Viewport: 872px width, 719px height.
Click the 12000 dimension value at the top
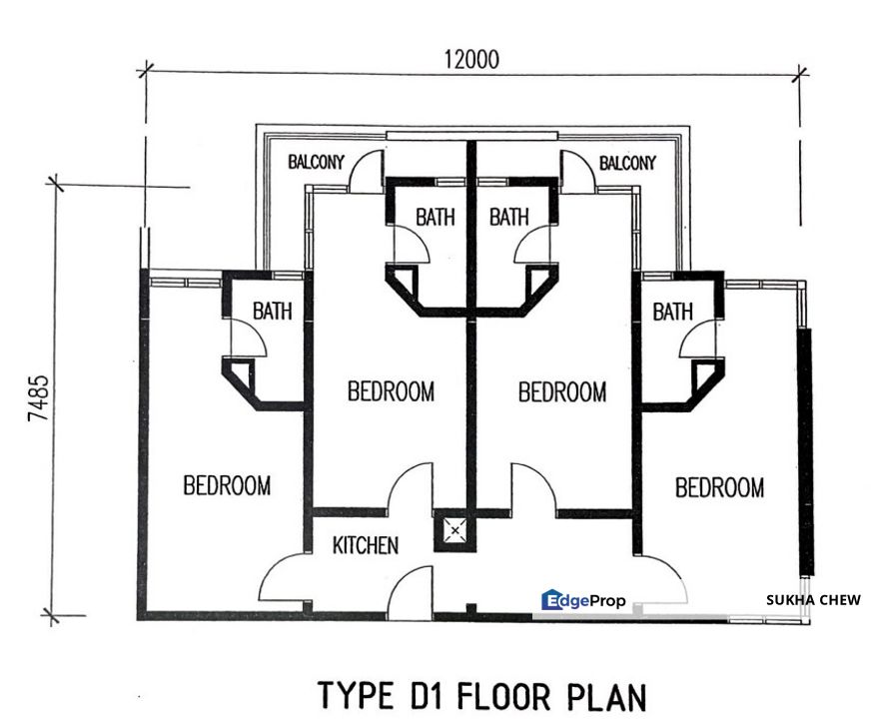click(471, 59)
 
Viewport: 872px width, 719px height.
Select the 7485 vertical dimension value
click(38, 399)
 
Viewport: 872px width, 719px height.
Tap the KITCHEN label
click(366, 545)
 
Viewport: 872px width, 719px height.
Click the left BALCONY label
click(317, 162)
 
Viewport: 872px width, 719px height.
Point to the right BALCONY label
click(627, 162)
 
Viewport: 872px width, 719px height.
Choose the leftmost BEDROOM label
click(227, 486)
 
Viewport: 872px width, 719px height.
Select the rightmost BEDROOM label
click(719, 488)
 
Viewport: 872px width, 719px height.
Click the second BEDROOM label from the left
click(391, 391)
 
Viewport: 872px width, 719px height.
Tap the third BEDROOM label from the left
click(562, 391)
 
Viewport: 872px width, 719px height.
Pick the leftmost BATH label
click(272, 312)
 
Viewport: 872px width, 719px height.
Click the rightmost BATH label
click(672, 312)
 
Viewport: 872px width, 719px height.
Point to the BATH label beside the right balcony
click(508, 217)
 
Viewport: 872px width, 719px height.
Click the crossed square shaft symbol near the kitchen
click(454, 530)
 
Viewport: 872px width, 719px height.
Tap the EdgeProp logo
click(584, 600)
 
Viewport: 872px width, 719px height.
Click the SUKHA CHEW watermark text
click(812, 600)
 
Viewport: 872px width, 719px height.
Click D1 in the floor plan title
click(425, 695)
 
